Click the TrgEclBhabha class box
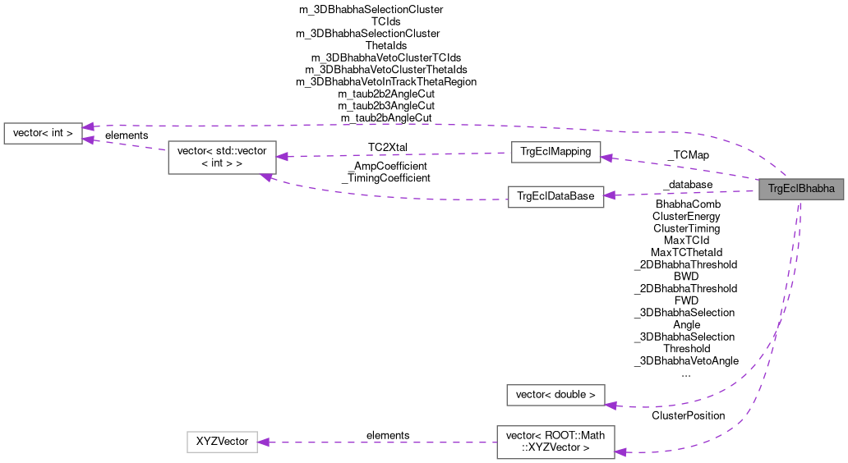801,190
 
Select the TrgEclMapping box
555,152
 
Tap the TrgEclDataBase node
555,196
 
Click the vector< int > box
43,132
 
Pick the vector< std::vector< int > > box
222,157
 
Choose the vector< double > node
555,395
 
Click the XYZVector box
222,442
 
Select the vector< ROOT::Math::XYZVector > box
555,442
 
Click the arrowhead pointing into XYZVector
265,442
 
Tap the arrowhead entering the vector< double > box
611,403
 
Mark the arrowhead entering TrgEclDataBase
610,195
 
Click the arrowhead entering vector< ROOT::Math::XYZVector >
620,452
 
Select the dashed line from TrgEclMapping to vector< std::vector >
394,154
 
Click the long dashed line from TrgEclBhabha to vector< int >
411,126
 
